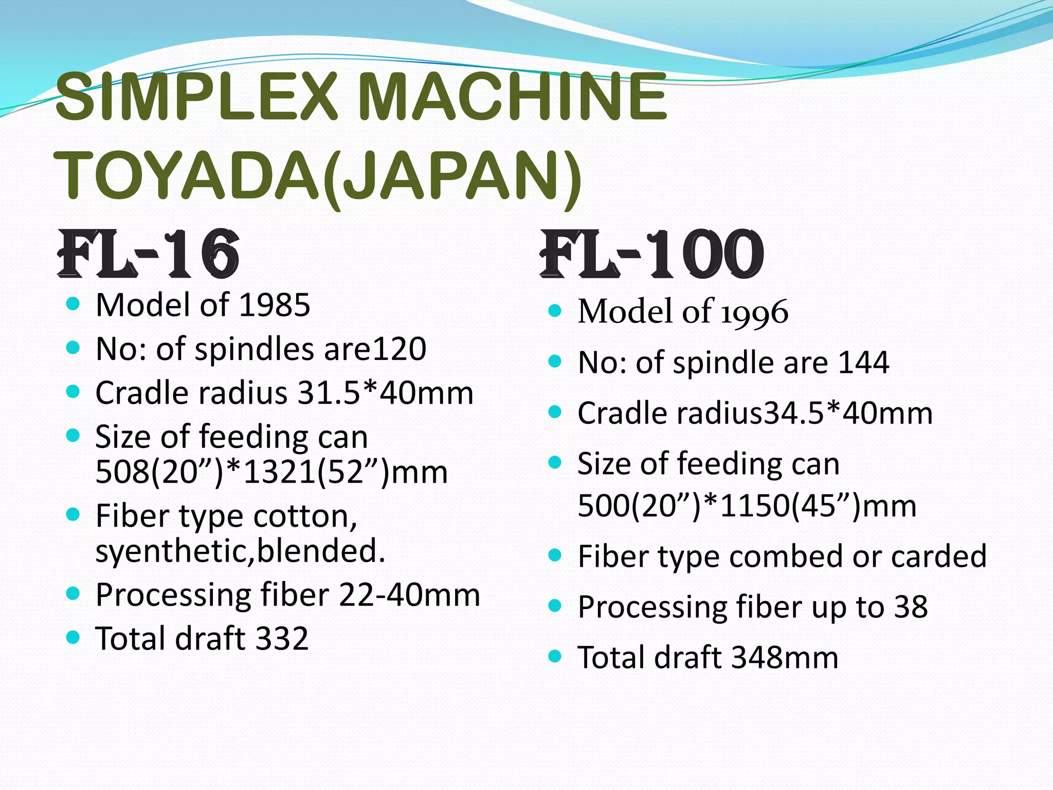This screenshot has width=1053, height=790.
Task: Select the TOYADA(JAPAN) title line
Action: click(x=319, y=176)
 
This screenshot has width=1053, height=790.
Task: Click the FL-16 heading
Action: click(x=149, y=254)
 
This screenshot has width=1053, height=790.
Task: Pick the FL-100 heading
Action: click(x=652, y=254)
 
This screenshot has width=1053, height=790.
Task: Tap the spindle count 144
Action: click(x=863, y=363)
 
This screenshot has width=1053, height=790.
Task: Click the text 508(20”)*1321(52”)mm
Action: click(x=271, y=472)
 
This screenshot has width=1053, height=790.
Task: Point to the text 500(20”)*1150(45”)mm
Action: click(x=747, y=506)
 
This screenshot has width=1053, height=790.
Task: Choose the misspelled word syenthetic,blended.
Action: click(x=240, y=551)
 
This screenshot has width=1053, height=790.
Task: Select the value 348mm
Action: click(x=785, y=658)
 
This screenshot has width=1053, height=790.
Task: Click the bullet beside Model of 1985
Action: click(x=74, y=304)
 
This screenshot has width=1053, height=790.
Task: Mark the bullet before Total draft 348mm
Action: click(x=554, y=656)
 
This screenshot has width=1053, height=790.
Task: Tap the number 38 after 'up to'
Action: click(x=911, y=607)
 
